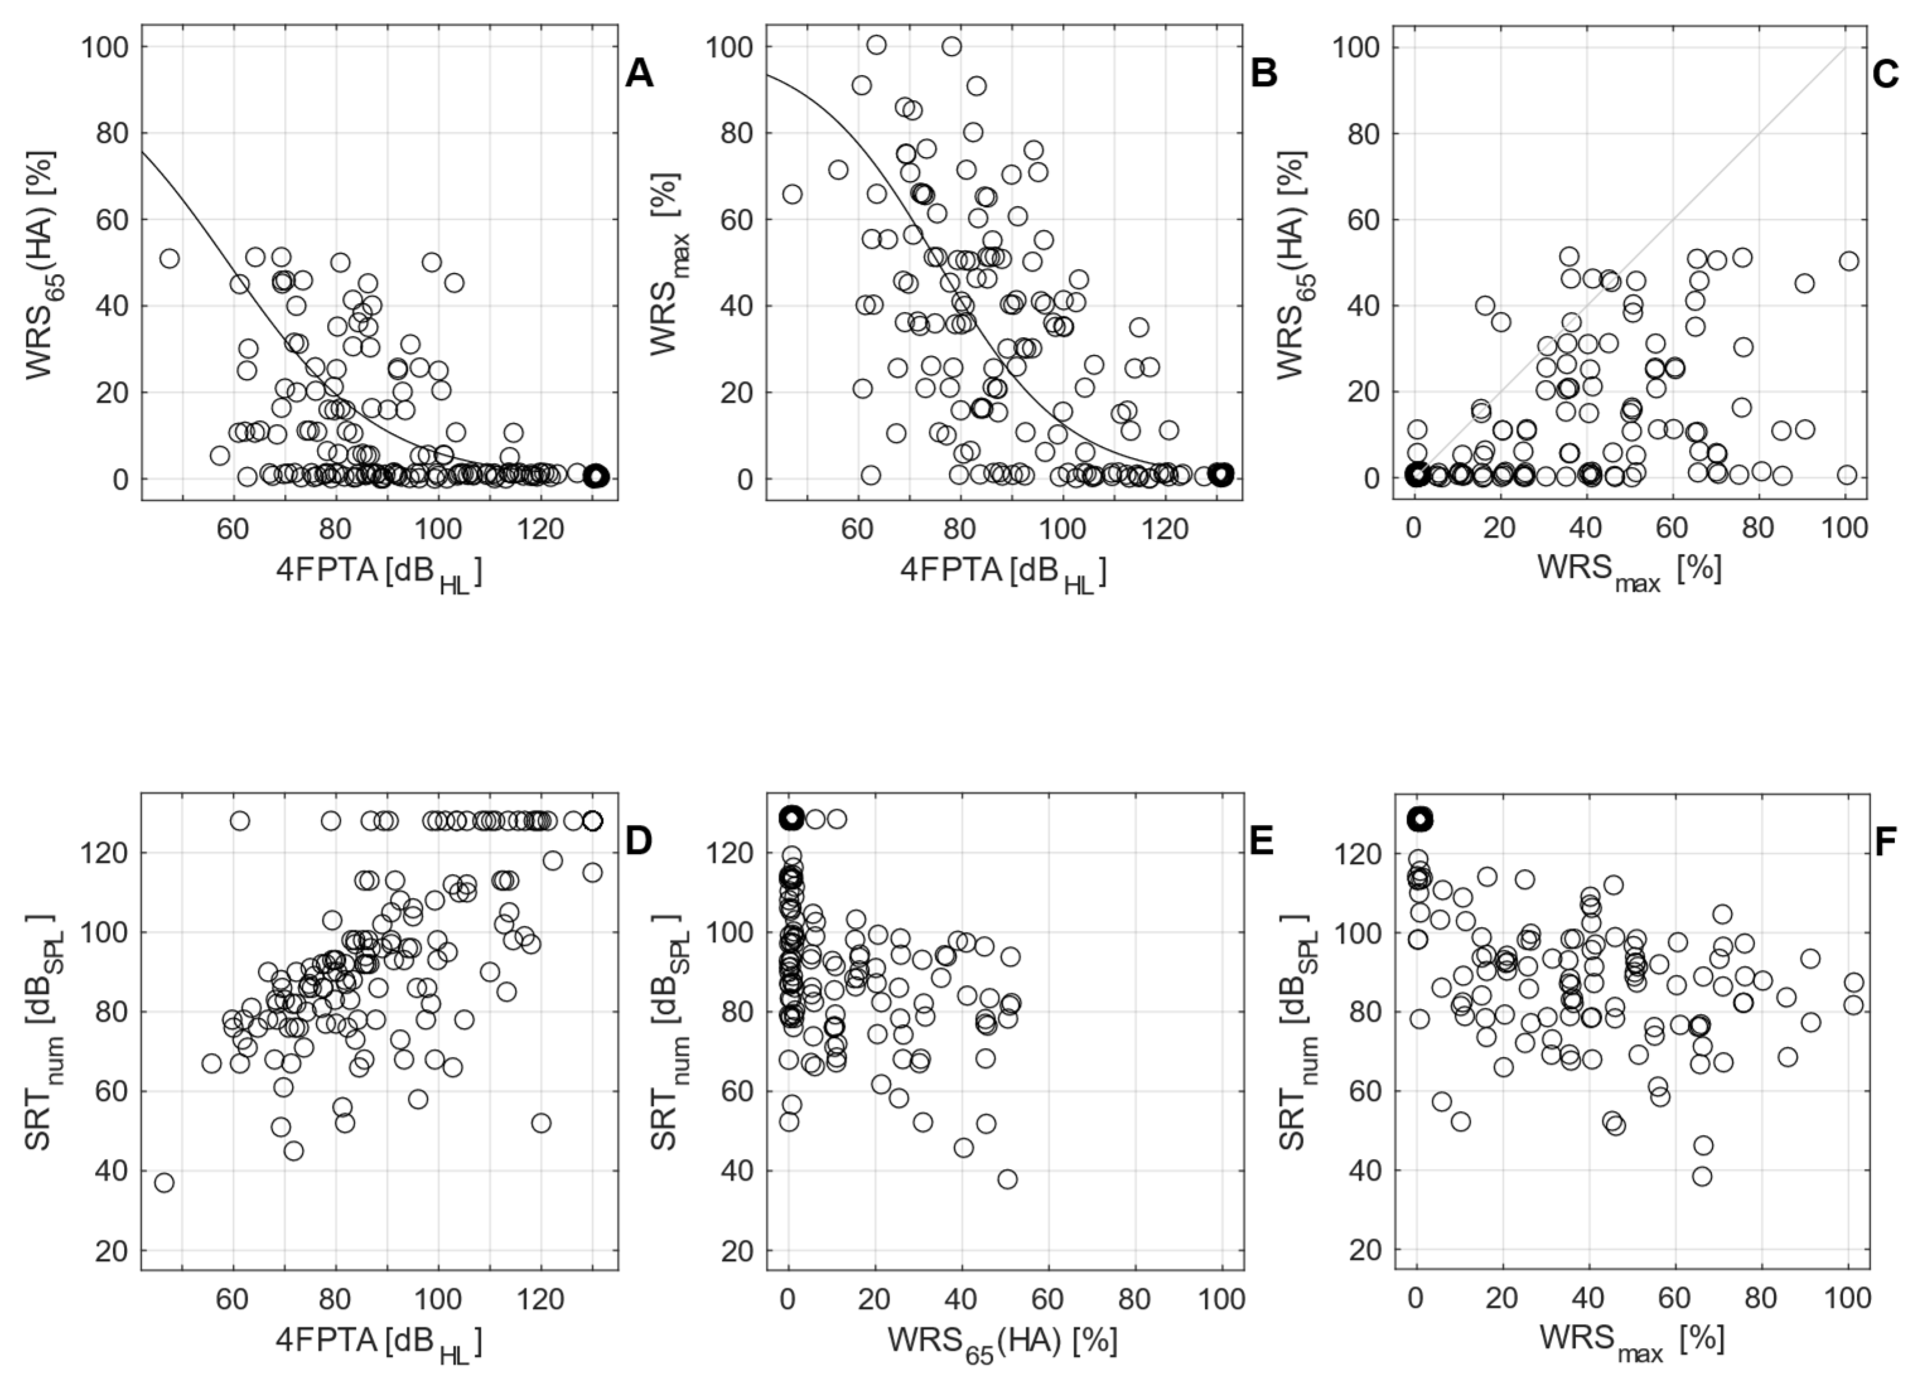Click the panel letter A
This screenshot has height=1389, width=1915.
[x=639, y=75]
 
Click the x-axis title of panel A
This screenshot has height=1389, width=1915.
[x=379, y=573]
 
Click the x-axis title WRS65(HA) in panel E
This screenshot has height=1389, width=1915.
[x=1002, y=1340]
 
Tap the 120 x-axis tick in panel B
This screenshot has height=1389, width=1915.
[x=1166, y=529]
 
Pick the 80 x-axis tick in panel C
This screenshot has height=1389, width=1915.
[x=1758, y=529]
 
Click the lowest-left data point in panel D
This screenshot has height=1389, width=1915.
[x=164, y=1182]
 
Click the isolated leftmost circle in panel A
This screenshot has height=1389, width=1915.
[x=170, y=258]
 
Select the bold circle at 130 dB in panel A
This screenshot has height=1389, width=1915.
[x=596, y=476]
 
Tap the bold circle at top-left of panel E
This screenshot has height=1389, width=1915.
[x=791, y=818]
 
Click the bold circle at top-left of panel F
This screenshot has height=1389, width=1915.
[x=1420, y=818]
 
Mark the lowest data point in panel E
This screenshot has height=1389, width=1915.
[x=1007, y=1179]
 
